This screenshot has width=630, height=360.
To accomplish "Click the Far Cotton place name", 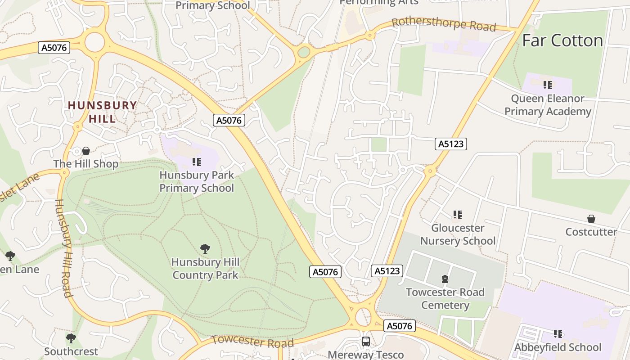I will coord(562,40).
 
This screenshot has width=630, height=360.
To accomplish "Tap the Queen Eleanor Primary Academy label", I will coord(548,105).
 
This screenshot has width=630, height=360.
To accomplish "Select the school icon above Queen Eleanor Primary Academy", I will coord(548,85).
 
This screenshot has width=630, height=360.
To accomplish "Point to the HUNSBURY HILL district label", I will coord(102,112).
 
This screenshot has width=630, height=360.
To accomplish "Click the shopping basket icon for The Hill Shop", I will coord(86,150).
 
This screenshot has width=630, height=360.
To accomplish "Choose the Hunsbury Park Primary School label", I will coord(197,181).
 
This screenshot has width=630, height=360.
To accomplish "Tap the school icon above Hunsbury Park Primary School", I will coord(197,162).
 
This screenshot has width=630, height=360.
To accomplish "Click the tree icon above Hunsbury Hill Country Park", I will coord(205,248).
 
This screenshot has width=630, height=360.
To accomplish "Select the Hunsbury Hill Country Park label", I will coord(205,268).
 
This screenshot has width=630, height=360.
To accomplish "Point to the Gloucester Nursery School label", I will coord(458,234).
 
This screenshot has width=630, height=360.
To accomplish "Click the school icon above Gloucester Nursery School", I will coord(458,215).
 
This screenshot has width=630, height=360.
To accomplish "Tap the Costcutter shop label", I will coord(591,232).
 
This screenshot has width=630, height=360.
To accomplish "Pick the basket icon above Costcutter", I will coord(591,219).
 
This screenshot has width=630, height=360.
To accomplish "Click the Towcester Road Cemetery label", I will coord(445,298).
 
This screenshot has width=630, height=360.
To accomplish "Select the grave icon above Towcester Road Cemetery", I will coord(445,279).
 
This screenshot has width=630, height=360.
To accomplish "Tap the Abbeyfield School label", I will coord(558,347).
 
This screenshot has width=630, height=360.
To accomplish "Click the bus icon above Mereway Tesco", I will coord(366,341).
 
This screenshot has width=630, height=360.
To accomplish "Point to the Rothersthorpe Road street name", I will coord(444,24).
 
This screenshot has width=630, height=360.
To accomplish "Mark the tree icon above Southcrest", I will coord(71,338).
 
